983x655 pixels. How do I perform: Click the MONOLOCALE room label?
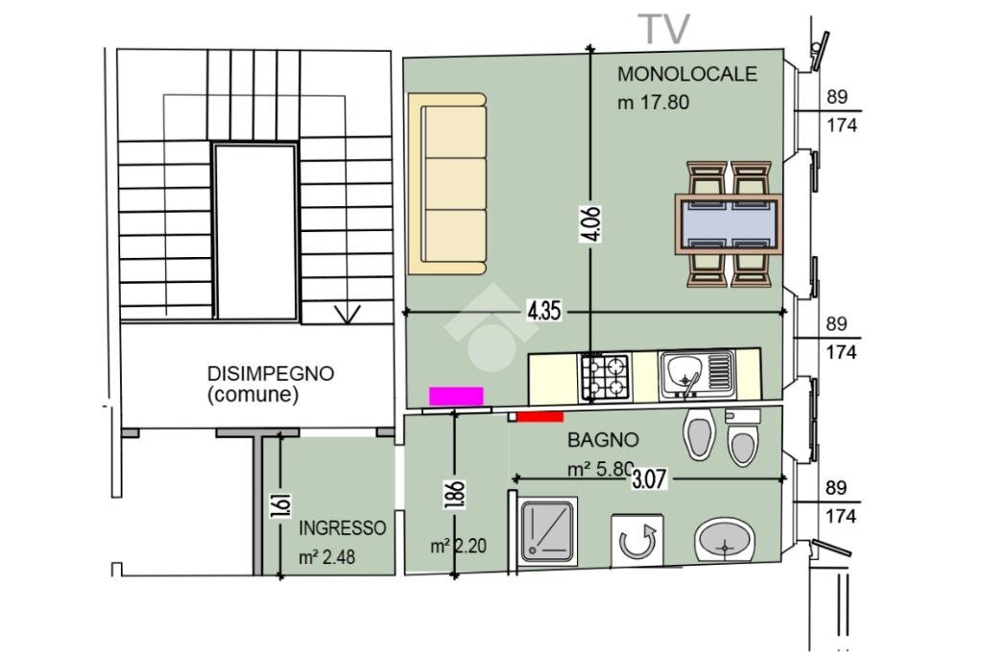click(686, 74)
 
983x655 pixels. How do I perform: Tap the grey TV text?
click(664, 29)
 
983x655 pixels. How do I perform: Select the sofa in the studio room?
click(449, 182)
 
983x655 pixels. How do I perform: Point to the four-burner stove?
click(604, 376)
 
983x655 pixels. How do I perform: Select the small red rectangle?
click(539, 416)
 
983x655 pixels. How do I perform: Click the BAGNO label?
click(603, 440)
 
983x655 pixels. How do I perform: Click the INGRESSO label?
click(343, 528)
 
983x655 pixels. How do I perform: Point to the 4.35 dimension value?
click(543, 312)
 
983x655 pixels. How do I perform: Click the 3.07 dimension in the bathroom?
click(649, 478)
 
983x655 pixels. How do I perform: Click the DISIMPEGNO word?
click(271, 374)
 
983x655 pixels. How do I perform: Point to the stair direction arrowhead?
click(347, 314)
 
